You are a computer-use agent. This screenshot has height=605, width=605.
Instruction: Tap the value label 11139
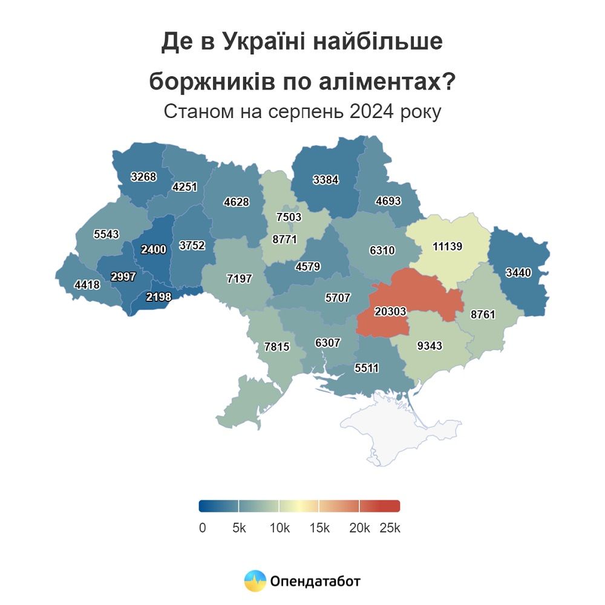[448, 246]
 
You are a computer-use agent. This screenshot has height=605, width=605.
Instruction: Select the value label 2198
[160, 296]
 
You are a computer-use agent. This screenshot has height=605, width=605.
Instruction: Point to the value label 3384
[325, 180]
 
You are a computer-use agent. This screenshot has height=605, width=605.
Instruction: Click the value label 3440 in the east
[518, 273]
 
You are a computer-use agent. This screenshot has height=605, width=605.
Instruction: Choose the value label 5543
[106, 234]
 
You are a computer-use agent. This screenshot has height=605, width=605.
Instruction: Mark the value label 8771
[284, 239]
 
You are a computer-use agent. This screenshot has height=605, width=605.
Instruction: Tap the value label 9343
[430, 346]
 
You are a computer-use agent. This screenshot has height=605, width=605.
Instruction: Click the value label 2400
[153, 250]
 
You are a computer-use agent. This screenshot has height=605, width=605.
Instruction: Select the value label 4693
[388, 201]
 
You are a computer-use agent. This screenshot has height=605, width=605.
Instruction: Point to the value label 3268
[143, 177]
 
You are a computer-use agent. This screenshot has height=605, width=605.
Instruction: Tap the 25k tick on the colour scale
[390, 528]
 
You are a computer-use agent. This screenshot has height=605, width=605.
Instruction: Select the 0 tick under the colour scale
[202, 528]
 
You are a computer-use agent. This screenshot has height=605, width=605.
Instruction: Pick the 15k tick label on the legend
[319, 528]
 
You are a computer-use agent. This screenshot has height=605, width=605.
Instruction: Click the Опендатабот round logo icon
[255, 581]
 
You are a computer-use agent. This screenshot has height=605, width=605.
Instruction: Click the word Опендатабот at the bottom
[316, 581]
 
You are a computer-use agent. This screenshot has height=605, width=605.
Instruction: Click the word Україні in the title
[267, 43]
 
